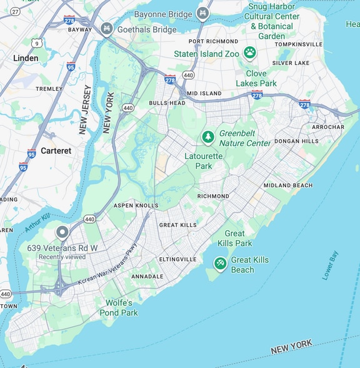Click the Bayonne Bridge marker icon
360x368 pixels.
pyautogui.click(x=202, y=13)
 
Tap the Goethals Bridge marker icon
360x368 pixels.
pyautogui.click(x=107, y=29)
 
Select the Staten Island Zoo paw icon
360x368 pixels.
pyautogui.click(x=250, y=53)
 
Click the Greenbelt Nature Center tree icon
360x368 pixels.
pyautogui.click(x=207, y=136)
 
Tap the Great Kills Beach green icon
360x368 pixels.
pyautogui.click(x=220, y=263)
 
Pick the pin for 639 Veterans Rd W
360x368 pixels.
pyautogui.click(x=62, y=233)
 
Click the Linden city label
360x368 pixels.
pyautogui.click(x=26, y=58)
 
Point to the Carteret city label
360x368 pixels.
pyautogui.click(x=56, y=151)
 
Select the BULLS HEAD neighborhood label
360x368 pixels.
pyautogui.click(x=167, y=103)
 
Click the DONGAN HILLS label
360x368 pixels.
pyautogui.click(x=296, y=141)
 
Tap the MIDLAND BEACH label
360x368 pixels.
pyautogui.click(x=287, y=185)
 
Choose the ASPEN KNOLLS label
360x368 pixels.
pyautogui.click(x=136, y=205)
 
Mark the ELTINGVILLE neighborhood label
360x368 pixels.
pyautogui.click(x=177, y=259)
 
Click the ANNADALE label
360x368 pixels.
pyautogui.click(x=147, y=276)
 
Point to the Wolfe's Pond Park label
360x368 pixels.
pyautogui.click(x=119, y=307)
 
